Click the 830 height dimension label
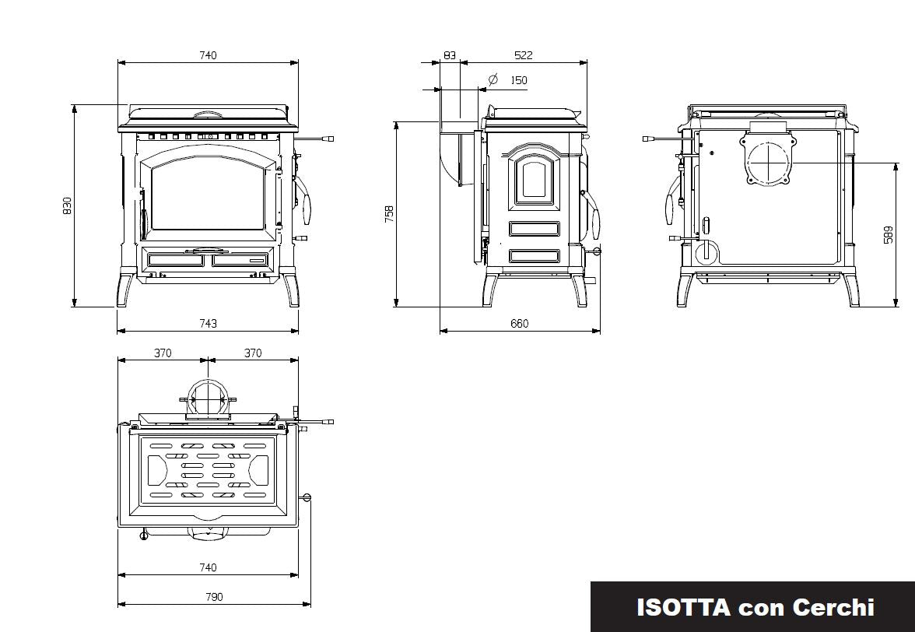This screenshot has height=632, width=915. [67, 206]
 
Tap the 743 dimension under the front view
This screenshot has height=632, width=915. [208, 323]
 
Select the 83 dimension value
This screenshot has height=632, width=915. [450, 55]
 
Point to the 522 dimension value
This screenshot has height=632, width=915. [524, 55]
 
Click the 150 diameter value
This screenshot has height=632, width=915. [519, 80]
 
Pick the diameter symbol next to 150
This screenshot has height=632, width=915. [493, 79]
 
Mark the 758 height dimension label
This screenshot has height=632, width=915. [390, 213]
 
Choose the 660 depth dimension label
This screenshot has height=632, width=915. [520, 323]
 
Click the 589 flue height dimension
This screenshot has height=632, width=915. [889, 234]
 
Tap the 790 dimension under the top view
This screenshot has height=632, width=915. [214, 597]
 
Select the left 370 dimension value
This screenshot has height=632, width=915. [163, 353]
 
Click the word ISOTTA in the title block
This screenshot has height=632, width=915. [683, 608]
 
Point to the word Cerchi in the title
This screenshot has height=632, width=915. [833, 608]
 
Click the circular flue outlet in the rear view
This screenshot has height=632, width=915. [769, 161]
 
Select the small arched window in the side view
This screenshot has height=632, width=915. [534, 179]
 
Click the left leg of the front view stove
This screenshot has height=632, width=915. [126, 288]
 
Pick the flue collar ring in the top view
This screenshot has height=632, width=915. [208, 399]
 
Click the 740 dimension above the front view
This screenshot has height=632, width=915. [208, 55]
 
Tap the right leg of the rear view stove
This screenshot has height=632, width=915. [850, 290]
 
